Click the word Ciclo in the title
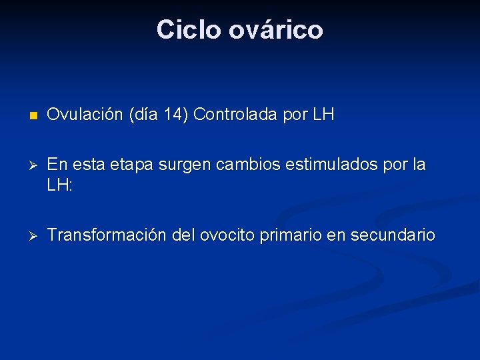[189, 30]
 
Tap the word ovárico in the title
[275, 30]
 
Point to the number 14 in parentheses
[175, 115]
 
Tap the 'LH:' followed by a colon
[59, 186]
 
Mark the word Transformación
[108, 235]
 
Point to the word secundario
[393, 235]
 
